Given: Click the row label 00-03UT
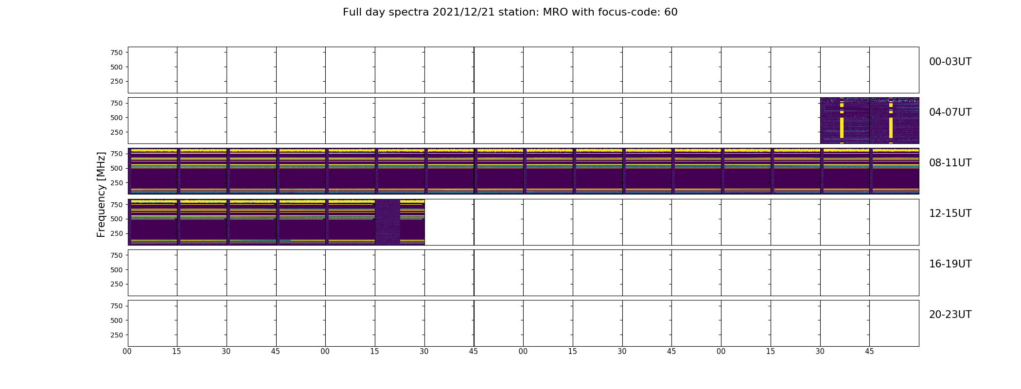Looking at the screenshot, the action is pos(950,62).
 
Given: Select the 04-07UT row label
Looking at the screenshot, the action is pos(950,112).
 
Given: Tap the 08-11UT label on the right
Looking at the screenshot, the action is pos(950,163).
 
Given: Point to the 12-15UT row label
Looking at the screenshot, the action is pos(950,213).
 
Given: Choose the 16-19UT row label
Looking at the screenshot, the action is pos(950,264).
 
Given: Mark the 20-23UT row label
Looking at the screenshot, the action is pos(950,315).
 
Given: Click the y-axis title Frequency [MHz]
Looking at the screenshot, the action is pos(101,194).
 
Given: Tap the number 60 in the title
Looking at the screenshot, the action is pos(671,12).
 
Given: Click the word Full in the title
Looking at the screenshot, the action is pos(352,12).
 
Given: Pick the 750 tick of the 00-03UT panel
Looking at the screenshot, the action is pos(116,53).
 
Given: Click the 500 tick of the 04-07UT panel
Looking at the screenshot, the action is pos(116,118).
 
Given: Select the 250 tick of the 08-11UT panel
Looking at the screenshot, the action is pos(116,183).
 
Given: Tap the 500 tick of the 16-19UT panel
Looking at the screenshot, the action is pos(116,270).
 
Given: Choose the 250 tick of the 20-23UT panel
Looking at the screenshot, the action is pos(116,335).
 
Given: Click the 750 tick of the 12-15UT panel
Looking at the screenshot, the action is pos(116,205).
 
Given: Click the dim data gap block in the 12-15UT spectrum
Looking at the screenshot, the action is pos(387,222).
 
